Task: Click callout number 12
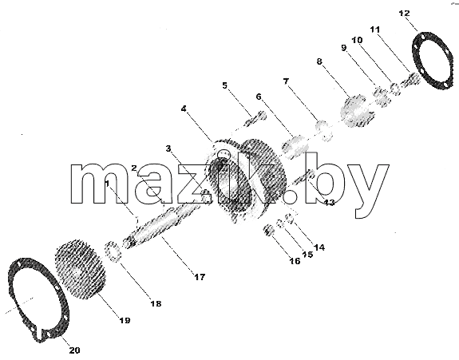point(404,14)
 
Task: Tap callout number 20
point(74,350)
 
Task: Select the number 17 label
point(200,277)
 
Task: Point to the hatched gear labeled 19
point(80,269)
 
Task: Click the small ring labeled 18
point(113,251)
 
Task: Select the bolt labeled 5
point(255,119)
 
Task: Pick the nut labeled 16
point(269,230)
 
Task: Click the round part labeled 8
point(357,111)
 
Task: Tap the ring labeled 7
point(324,129)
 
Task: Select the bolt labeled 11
point(411,80)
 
